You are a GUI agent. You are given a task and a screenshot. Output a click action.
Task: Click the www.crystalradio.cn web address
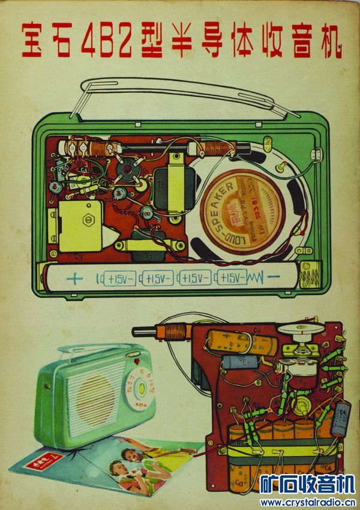[307, 502]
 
